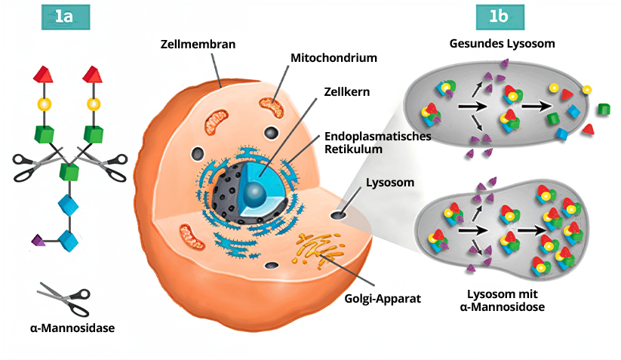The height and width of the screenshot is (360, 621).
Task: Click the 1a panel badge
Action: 65,17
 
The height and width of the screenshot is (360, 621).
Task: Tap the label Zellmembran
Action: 198,45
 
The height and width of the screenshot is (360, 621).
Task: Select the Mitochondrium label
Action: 334,57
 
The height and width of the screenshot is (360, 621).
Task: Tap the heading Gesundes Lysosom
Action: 502,44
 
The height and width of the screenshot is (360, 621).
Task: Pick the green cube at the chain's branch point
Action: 69,171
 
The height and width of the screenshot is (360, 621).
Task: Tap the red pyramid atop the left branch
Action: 44,74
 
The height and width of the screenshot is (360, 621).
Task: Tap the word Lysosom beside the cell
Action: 386,183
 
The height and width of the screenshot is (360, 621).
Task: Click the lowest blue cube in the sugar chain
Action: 69,240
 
